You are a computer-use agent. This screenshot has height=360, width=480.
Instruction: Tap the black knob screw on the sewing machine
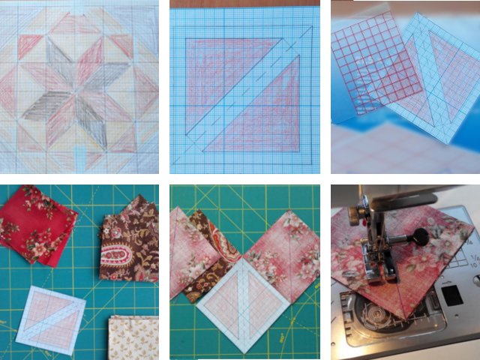422,239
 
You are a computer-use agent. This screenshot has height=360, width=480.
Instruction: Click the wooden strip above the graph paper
240,4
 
